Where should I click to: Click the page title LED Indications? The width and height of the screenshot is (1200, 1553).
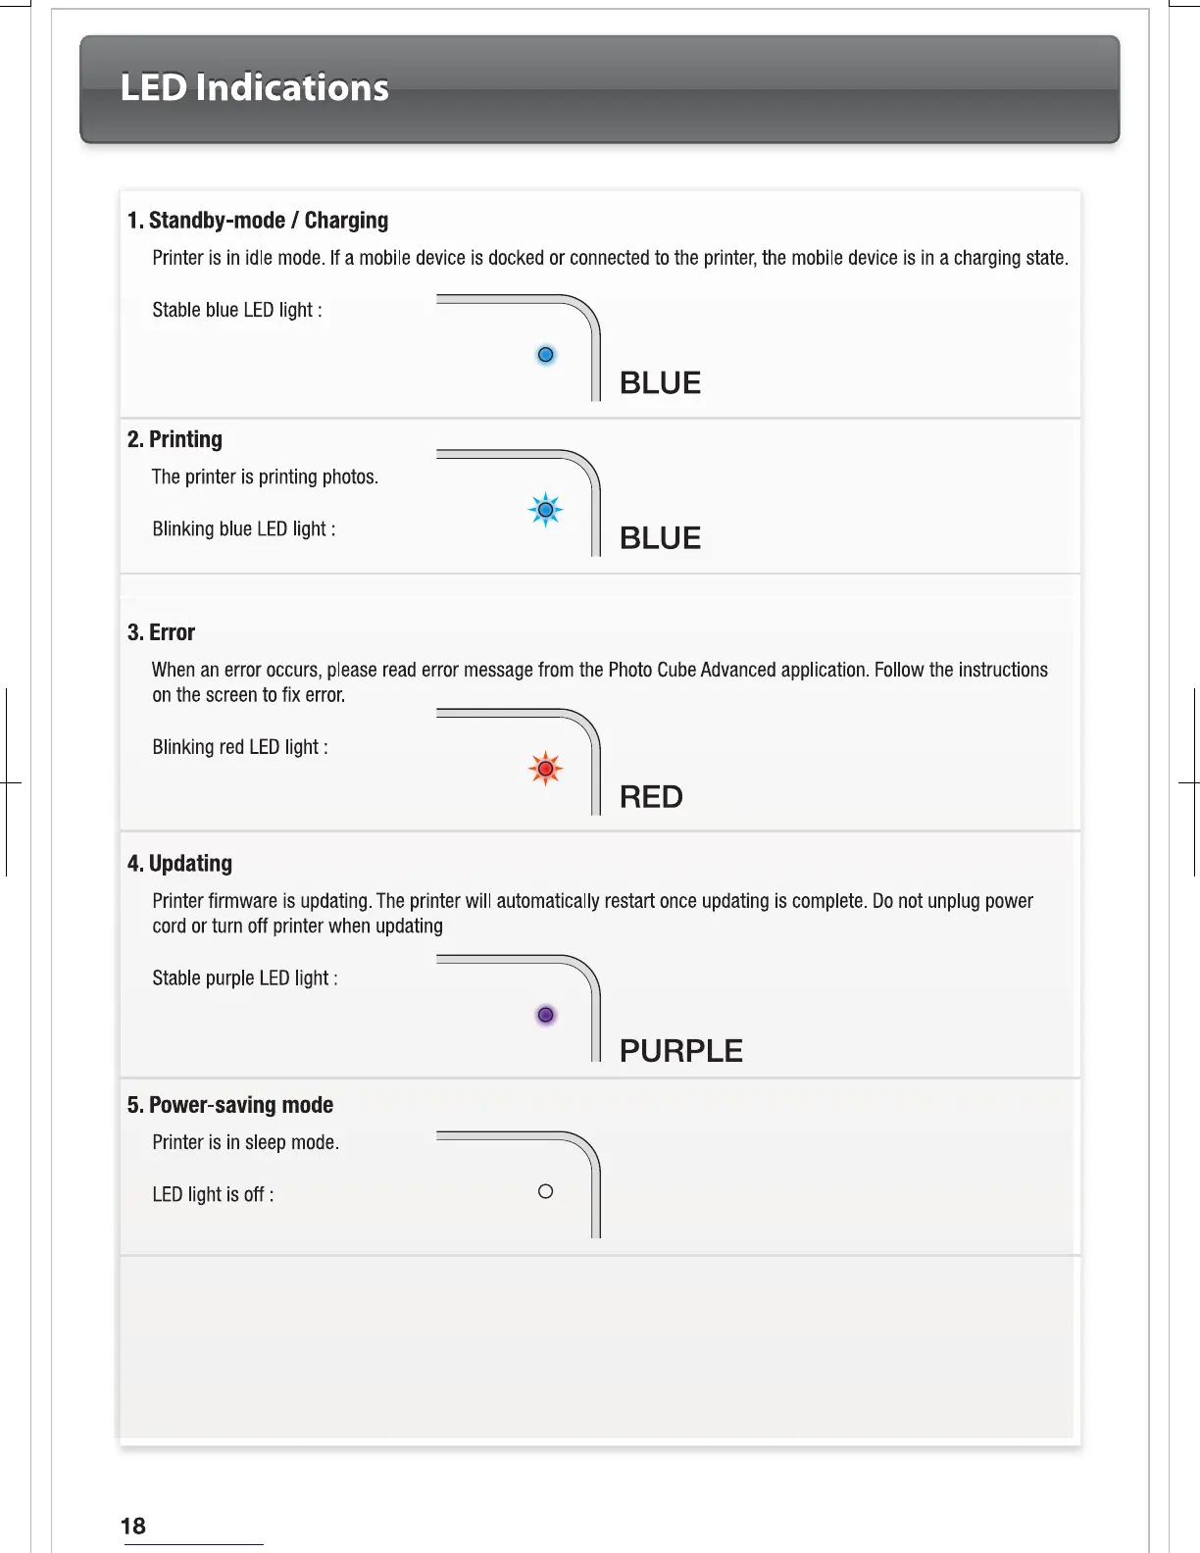254,88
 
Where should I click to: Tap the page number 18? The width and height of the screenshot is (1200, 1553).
132,1526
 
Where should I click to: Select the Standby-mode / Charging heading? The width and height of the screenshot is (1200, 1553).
258,221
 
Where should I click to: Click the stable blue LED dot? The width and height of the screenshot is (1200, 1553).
546,355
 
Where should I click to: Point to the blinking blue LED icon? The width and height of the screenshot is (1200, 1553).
545,510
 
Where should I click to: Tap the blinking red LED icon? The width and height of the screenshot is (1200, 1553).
545,769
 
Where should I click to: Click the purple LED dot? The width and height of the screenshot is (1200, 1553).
546,1015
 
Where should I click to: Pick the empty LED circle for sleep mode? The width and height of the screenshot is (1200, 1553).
546,1191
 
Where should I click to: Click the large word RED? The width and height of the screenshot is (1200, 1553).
651,797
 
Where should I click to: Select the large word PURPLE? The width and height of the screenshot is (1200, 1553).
681,1051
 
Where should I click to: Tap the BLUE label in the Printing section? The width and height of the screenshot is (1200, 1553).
660,538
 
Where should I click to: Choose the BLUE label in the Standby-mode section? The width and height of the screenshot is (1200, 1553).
660,383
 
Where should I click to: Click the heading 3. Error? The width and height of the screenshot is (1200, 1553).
161,632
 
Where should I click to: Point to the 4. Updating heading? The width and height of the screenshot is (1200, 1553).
179,864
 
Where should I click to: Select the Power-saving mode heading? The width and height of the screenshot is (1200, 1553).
230,1105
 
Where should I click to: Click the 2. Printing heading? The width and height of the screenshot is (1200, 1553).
175,439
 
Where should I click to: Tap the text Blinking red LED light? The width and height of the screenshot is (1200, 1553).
239,747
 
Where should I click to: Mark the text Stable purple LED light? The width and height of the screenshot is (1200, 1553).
244,978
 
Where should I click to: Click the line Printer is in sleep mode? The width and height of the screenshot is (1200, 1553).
245,1142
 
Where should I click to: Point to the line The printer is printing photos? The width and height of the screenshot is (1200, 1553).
265,477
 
